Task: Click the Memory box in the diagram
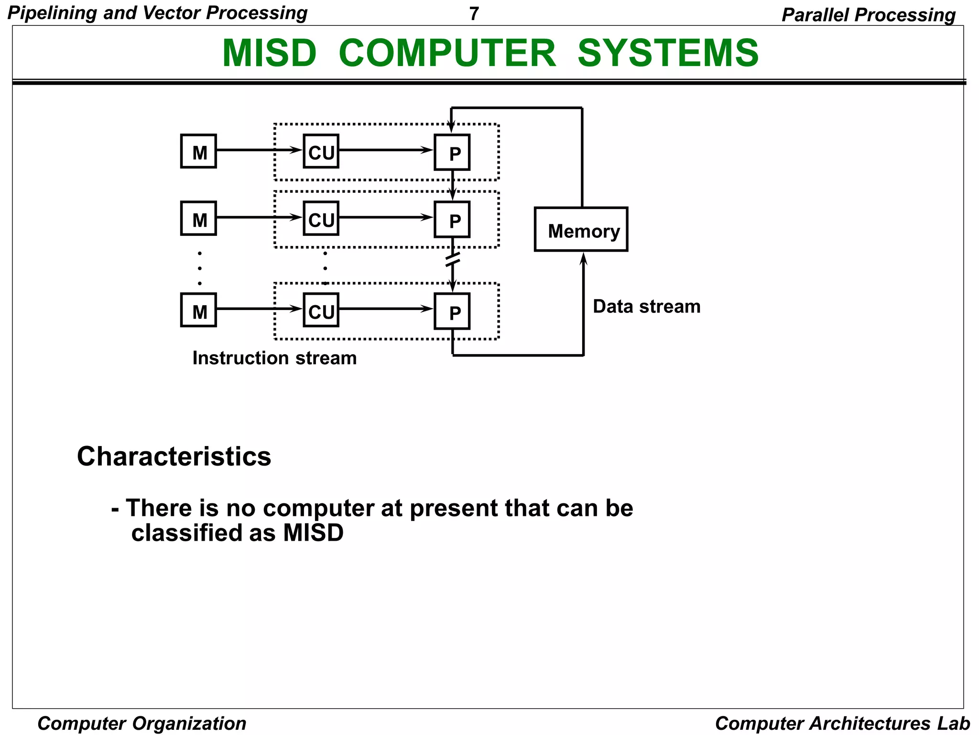point(581,229)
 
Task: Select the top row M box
point(198,151)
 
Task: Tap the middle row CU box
point(321,219)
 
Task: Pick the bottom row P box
point(452,311)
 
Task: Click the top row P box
point(452,152)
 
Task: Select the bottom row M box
point(198,310)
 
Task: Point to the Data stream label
point(646,306)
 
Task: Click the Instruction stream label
point(274,358)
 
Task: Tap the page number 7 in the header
point(474,13)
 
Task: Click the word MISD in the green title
point(269,53)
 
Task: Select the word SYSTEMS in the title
point(668,53)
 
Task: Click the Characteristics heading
point(174,456)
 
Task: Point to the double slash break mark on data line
point(452,259)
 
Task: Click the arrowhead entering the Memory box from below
point(583,259)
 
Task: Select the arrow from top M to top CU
point(258,150)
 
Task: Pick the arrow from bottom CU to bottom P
point(385,309)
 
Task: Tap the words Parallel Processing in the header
point(868,14)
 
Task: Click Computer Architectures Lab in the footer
point(842,723)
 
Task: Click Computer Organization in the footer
point(142,723)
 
